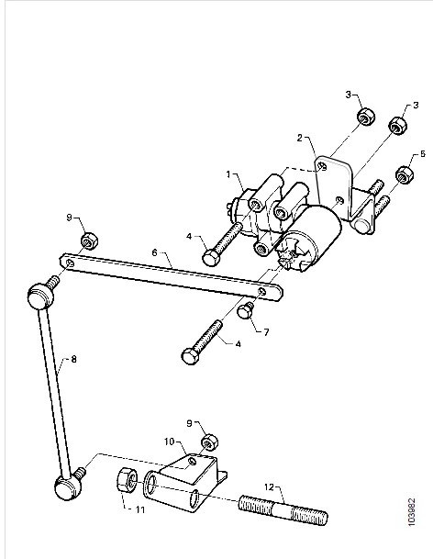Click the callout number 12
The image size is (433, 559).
270,486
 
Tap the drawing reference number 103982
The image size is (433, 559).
412,511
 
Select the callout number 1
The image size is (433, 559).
228,174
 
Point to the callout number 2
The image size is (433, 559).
300,138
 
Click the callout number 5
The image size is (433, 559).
423,153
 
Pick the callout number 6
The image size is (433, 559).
154,252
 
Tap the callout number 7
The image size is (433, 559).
266,332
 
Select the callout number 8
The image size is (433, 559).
73,359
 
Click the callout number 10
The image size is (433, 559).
170,442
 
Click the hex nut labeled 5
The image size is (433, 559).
405,174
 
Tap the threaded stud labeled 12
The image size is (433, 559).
283,509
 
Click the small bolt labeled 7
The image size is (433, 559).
246,309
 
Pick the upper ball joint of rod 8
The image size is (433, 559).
40,295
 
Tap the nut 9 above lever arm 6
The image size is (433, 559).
89,240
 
